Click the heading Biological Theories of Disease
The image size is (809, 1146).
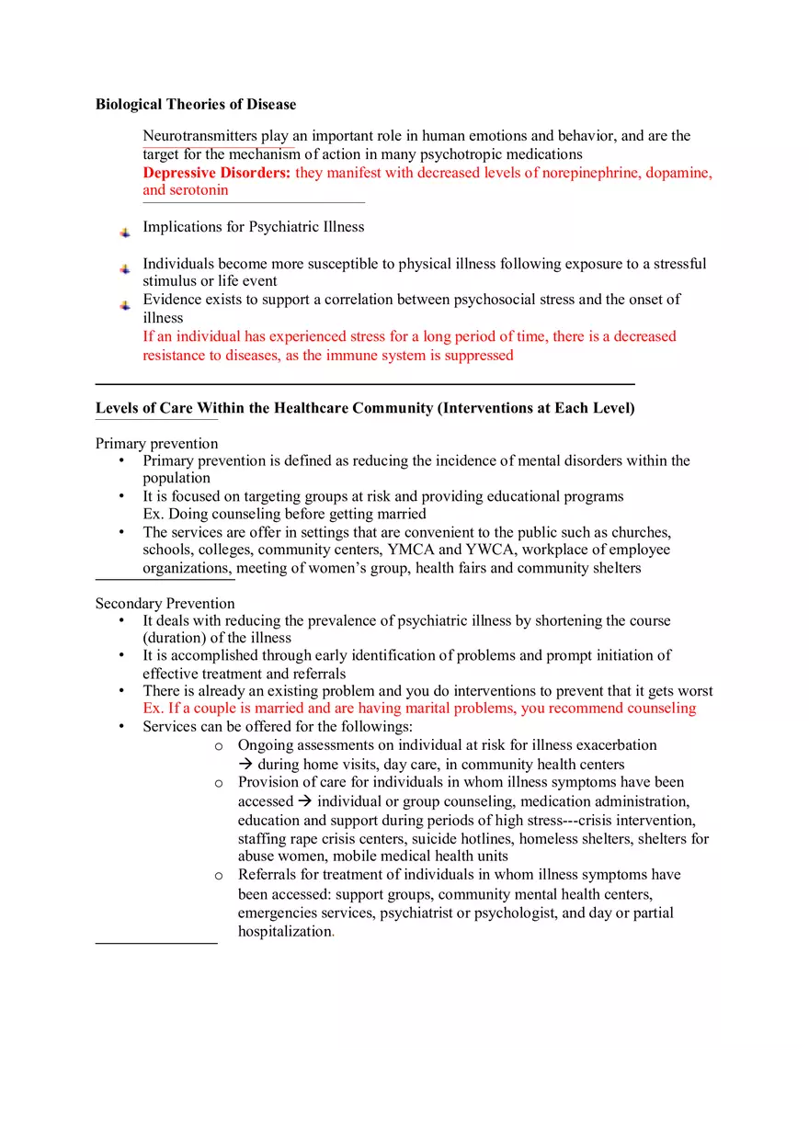coord(196,104)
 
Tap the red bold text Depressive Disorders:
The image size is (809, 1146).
coord(217,173)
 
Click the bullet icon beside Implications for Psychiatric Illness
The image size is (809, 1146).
coord(125,233)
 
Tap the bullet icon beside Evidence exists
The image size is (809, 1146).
coord(125,305)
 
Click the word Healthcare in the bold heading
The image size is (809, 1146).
coord(308,408)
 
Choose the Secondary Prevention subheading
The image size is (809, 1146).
coord(165,604)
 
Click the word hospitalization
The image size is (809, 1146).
coord(284,931)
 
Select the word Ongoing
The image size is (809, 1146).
coord(265,745)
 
